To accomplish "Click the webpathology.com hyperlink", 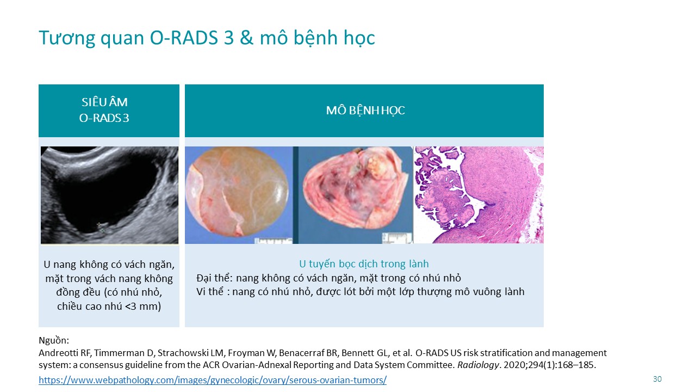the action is (x=213, y=380).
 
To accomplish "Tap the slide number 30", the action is (x=657, y=379).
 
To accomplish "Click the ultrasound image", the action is (x=110, y=195).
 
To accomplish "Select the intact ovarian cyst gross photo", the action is (x=239, y=195).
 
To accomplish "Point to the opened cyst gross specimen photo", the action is (x=353, y=195).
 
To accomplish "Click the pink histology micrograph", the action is (x=478, y=195).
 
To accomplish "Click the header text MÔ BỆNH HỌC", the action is (x=365, y=111).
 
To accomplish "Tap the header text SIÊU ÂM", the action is (x=104, y=102).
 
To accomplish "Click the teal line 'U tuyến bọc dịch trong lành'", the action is (x=364, y=264).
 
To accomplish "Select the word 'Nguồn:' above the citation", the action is (x=54, y=340).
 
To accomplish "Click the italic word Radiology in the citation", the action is (x=478, y=365).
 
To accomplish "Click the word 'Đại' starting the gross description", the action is (x=204, y=278).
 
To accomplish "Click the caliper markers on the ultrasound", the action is (x=100, y=228).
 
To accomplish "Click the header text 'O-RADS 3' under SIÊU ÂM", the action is (x=104, y=118).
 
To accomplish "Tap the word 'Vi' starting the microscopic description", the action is (x=201, y=292).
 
